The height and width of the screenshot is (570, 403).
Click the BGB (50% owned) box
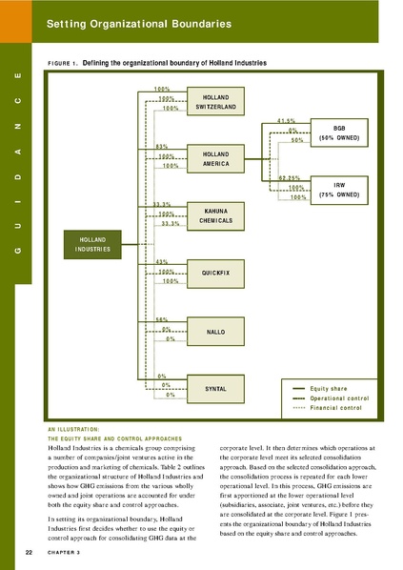(338, 133)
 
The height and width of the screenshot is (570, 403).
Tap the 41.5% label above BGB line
(287, 120)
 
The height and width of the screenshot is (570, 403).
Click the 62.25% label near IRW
(291, 177)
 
